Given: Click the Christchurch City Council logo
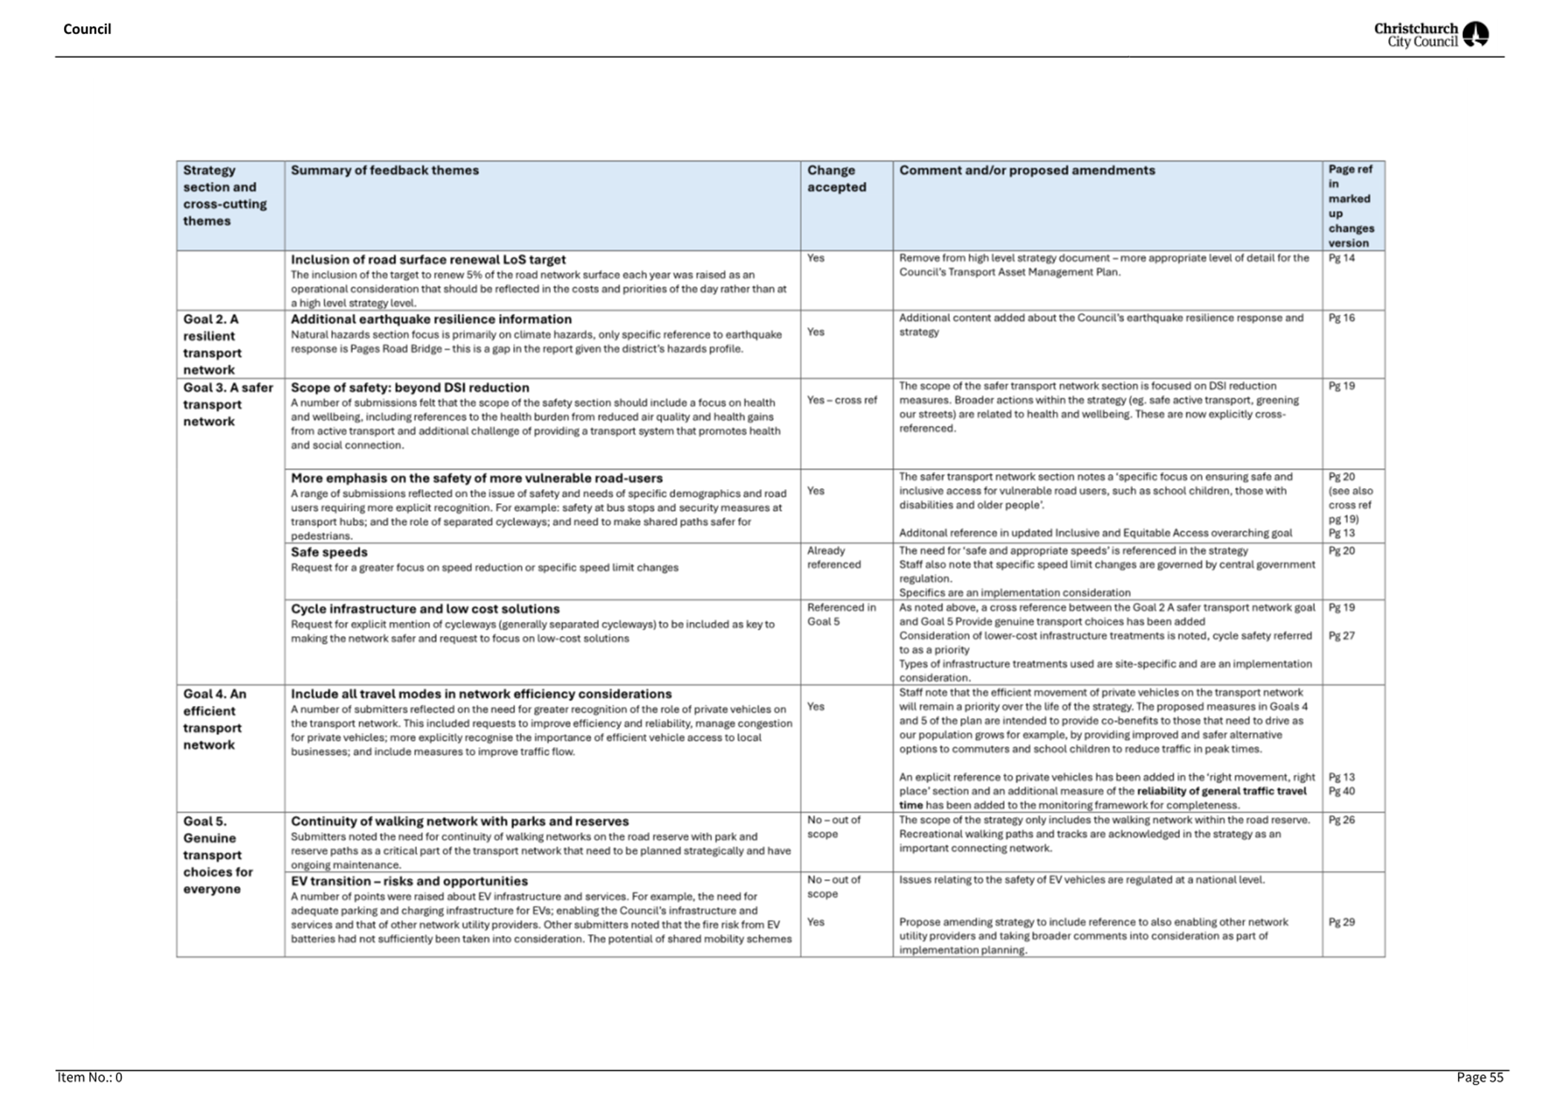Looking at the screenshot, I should tap(1430, 34).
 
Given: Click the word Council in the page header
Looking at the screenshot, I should tap(87, 29).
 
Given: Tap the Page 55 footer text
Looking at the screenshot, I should tap(1479, 1077).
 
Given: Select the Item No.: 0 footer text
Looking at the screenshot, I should tap(89, 1077).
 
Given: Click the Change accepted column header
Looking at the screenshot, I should tap(836, 178).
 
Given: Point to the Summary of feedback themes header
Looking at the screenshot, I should tap(384, 170).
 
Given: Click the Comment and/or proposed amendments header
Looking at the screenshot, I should tap(1027, 170).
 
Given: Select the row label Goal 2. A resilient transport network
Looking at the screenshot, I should tap(212, 344).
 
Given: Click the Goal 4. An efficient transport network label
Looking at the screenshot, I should tap(214, 719).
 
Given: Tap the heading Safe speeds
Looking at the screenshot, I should tap(329, 552).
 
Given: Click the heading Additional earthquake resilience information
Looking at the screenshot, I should tap(431, 319).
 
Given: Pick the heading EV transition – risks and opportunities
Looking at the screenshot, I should tap(409, 881).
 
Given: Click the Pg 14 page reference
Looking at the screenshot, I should tap(1341, 258).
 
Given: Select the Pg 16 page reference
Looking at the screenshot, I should tap(1341, 317).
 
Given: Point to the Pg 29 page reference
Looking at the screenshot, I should tap(1341, 921).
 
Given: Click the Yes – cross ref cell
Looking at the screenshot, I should tap(842, 400).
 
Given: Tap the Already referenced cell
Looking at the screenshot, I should tap(833, 557).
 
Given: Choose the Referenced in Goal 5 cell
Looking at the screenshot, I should tap(841, 614).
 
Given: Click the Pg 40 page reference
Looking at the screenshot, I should tap(1341, 791).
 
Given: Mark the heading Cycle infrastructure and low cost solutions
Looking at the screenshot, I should tap(425, 609).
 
